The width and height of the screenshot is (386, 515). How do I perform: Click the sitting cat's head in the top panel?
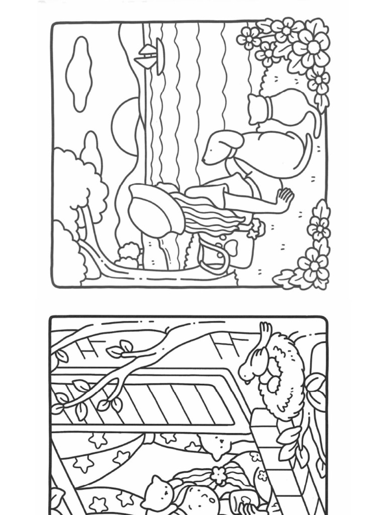coord(259,108)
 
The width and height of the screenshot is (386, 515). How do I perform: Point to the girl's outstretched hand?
coord(284,199)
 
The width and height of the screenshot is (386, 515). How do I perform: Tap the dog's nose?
coord(205,159)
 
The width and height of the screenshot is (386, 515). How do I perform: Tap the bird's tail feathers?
coord(264,331)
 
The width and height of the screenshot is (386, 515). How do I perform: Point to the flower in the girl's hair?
coord(218,473)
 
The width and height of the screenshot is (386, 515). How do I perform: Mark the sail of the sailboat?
coord(160,55)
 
